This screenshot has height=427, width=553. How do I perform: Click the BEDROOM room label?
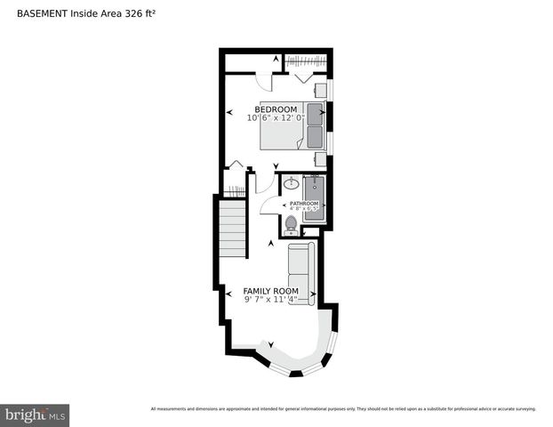coord(276,109)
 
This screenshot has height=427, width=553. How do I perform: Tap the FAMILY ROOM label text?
coord(271,291)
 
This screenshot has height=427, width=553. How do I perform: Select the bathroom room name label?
coord(303,204)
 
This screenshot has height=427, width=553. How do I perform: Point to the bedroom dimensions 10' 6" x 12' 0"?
coord(276,117)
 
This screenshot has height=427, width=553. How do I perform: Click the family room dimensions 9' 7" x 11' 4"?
coord(271,300)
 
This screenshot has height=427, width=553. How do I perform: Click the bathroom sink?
coord(291,186)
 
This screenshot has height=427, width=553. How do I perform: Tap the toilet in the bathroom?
coord(291,223)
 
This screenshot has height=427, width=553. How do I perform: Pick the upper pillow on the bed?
coord(315,113)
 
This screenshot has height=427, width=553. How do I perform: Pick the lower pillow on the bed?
coord(315,135)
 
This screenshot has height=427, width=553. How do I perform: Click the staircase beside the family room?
coord(232,230)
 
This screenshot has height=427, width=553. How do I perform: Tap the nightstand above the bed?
coord(319,91)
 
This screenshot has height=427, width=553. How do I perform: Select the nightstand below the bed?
coord(319,157)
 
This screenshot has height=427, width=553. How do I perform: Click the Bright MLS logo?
coord(36,415)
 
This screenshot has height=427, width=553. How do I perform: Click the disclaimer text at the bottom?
coord(343,409)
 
